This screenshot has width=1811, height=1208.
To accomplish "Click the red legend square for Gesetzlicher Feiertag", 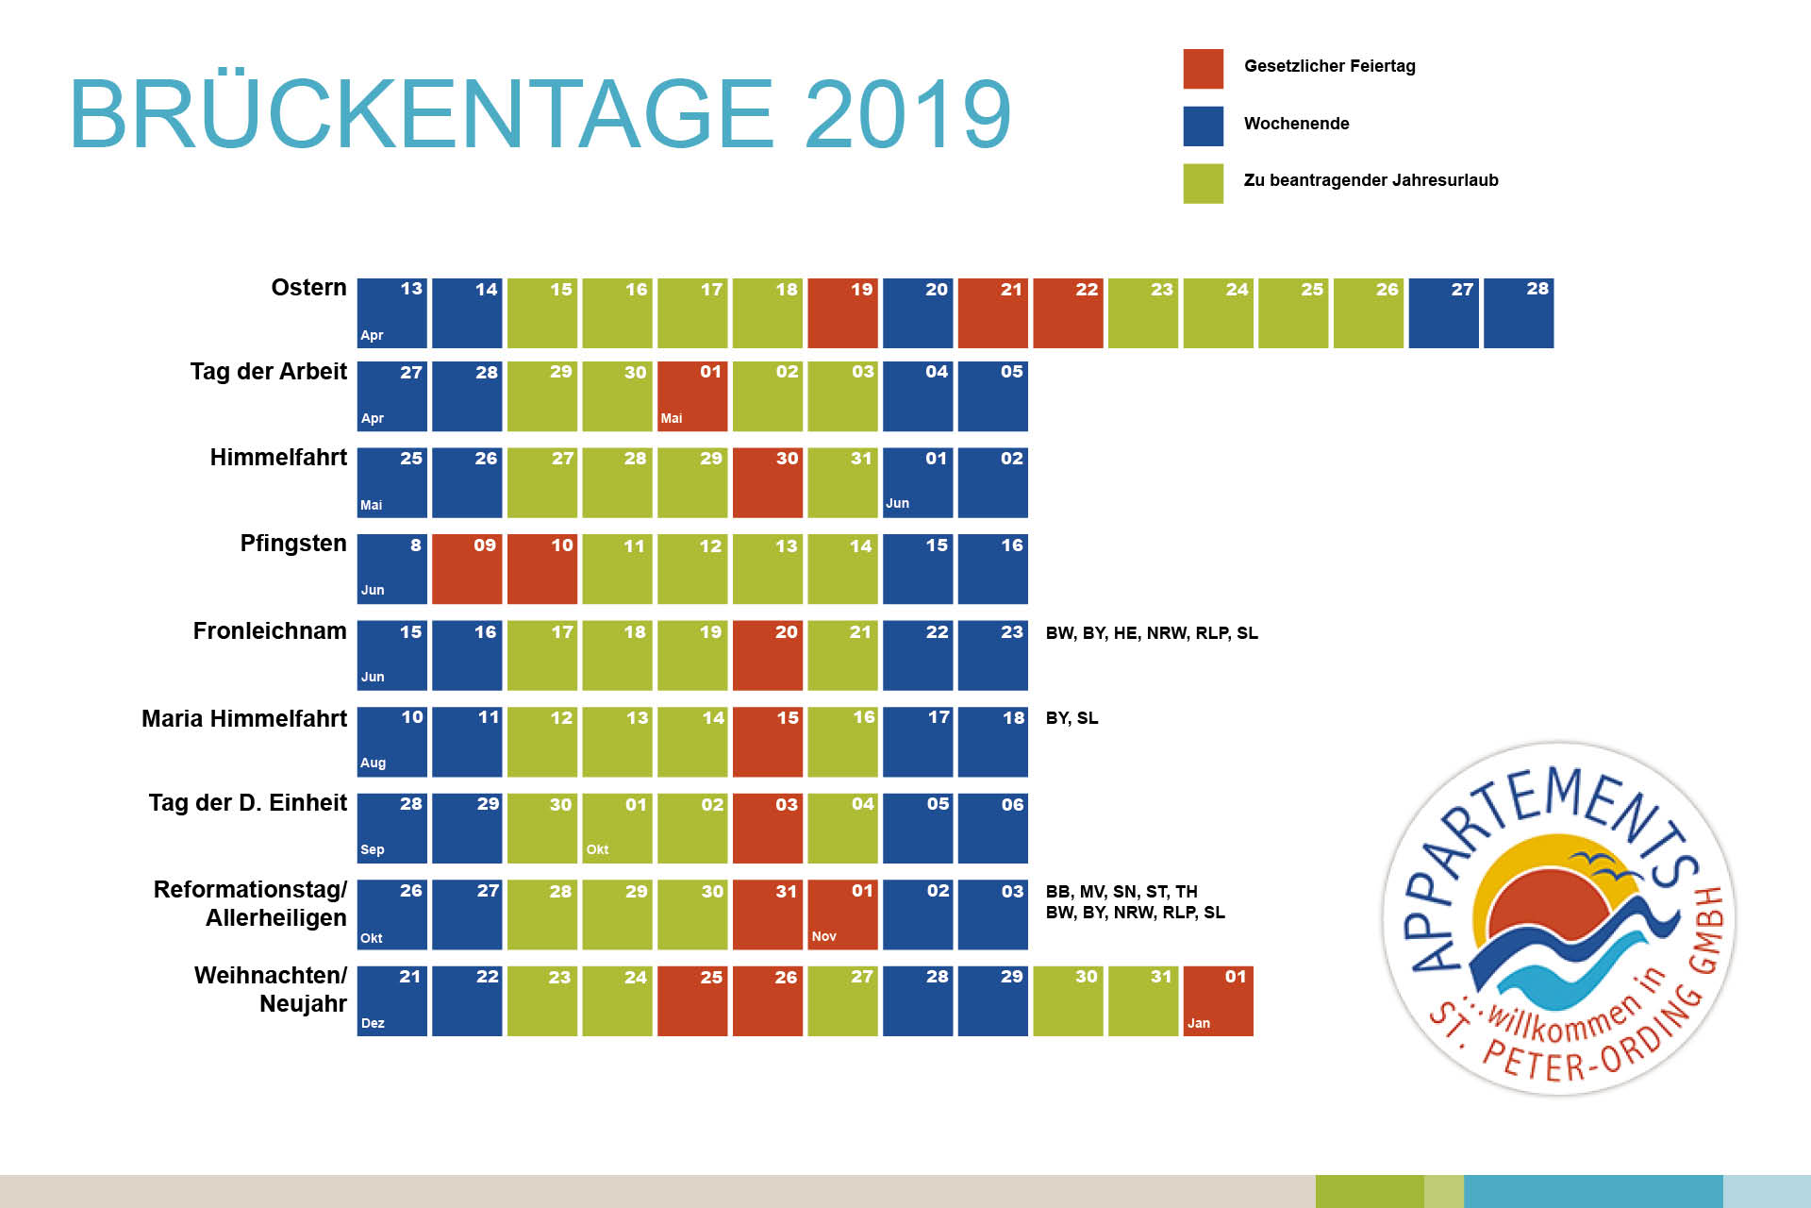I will tap(1203, 69).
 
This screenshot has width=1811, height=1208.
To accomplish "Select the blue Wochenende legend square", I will tap(1203, 126).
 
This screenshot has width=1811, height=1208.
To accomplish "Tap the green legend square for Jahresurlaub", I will tap(1203, 183).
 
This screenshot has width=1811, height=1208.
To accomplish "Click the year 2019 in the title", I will tap(907, 114).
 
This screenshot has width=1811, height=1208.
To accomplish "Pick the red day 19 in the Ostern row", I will tap(842, 313).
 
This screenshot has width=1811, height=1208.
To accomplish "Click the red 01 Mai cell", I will tap(692, 396).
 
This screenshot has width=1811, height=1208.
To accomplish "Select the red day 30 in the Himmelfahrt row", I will tap(768, 482).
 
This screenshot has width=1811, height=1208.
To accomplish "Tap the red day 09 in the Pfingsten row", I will tap(467, 569).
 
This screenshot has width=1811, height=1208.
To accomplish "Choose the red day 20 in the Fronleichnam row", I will tap(768, 656).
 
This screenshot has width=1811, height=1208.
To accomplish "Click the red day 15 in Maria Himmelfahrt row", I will tap(768, 742).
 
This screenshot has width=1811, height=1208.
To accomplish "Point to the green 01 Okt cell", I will tap(617, 829).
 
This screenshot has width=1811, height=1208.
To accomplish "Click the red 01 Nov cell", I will tap(842, 914).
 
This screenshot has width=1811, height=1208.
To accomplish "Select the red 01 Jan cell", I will tap(1218, 1001).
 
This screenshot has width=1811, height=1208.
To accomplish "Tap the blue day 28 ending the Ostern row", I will tap(1518, 313).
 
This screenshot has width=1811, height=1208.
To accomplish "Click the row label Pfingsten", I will tap(293, 544).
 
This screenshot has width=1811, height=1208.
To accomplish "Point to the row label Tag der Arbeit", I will tap(269, 372).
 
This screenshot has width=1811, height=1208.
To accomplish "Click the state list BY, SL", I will tap(1072, 718).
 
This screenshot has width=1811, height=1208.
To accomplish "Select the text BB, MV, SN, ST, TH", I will tap(1121, 891).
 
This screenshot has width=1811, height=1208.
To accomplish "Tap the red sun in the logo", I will tap(1547, 911).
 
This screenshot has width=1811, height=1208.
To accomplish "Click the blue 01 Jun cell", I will tap(918, 482).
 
